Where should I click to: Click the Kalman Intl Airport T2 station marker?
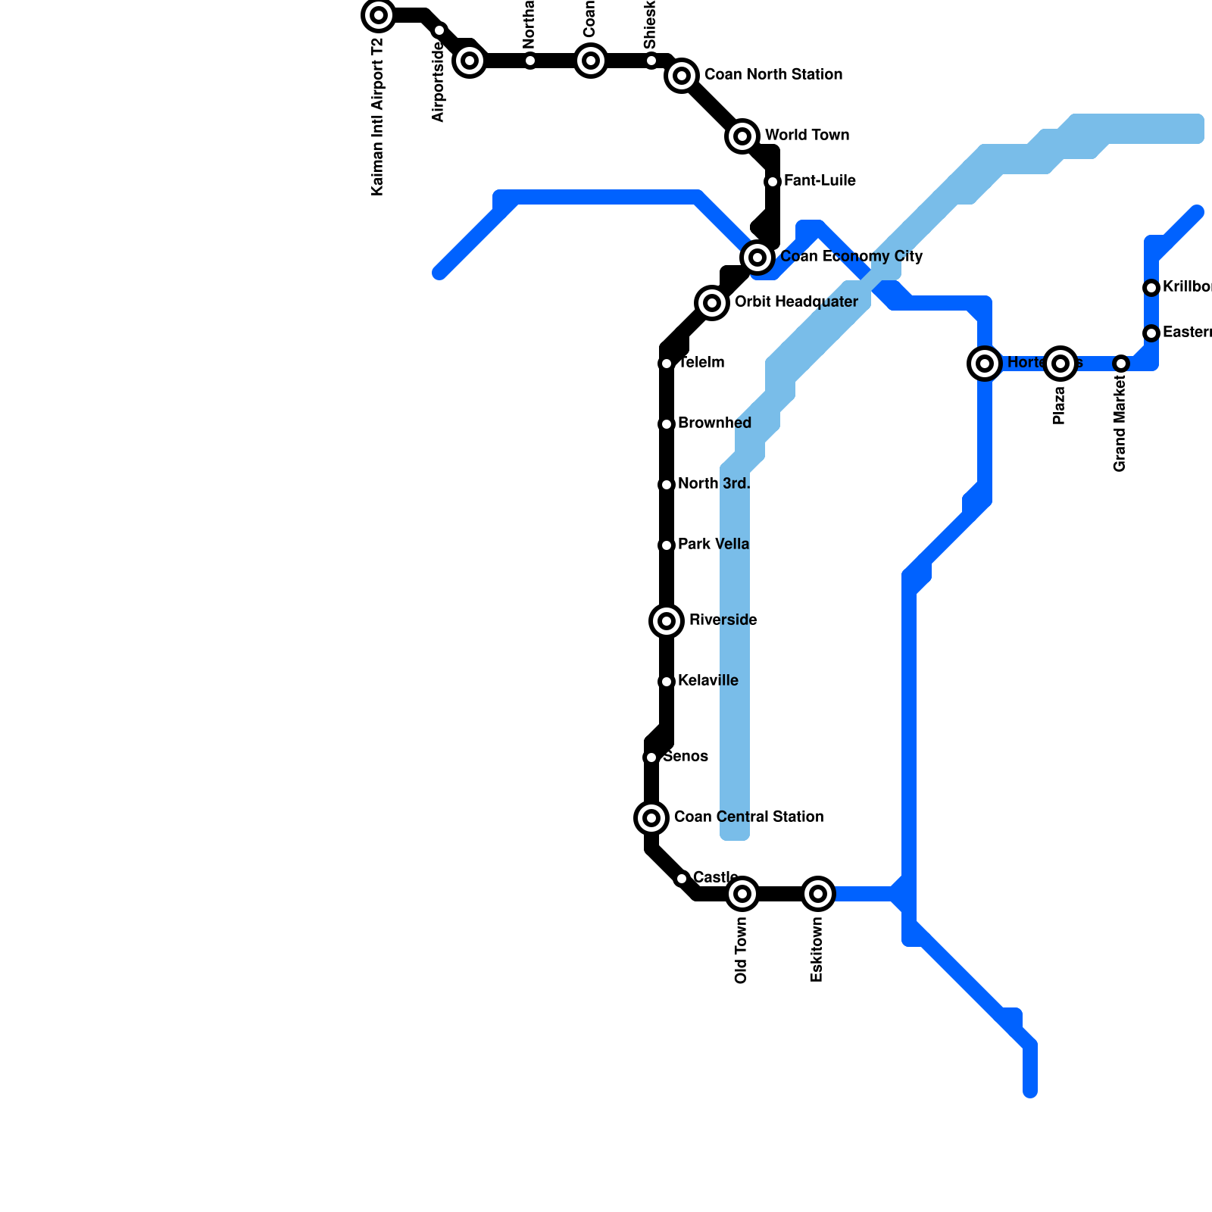[x=379, y=15]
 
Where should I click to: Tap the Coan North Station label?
[x=773, y=75]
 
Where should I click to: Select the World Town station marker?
[x=742, y=136]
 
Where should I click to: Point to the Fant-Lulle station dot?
[x=773, y=182]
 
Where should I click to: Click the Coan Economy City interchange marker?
[x=757, y=258]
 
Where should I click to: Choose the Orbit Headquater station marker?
[x=712, y=303]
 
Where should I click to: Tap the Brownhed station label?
[x=714, y=423]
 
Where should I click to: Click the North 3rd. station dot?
[x=667, y=485]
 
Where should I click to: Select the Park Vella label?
[x=714, y=545]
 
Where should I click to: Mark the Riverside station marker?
[x=667, y=621]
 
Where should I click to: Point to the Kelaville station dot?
[x=667, y=682]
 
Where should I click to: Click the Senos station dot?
[x=651, y=757]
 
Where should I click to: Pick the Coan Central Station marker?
[x=651, y=818]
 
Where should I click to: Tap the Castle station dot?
[x=682, y=879]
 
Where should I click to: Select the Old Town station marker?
[x=742, y=894]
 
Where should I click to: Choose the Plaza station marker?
[x=1060, y=364]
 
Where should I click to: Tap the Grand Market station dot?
[x=1121, y=364]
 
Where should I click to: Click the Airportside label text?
[x=439, y=82]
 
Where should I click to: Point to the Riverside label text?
[x=723, y=620]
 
